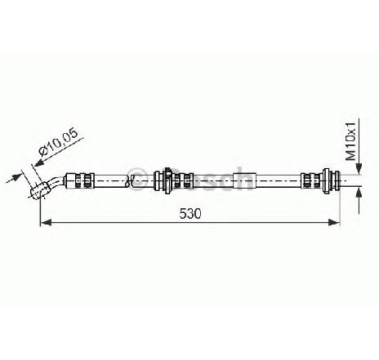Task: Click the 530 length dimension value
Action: (190, 214)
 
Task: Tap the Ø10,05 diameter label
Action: (58, 142)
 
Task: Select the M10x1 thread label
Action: (350, 141)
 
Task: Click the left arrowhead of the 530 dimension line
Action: (46, 222)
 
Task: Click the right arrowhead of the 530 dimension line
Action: (334, 222)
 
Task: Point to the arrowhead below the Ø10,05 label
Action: (39, 162)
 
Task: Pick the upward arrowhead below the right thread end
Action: (359, 193)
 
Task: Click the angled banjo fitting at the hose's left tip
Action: (39, 189)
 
